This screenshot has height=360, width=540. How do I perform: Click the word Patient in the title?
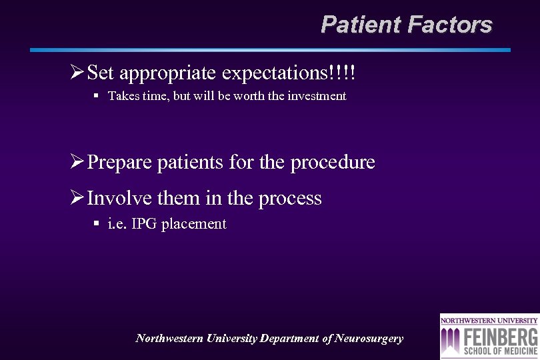pos(361,25)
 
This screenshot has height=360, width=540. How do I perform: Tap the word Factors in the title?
pos(449,25)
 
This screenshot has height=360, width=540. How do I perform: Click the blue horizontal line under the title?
pos(270,50)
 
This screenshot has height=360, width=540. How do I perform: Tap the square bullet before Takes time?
pos(96,95)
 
